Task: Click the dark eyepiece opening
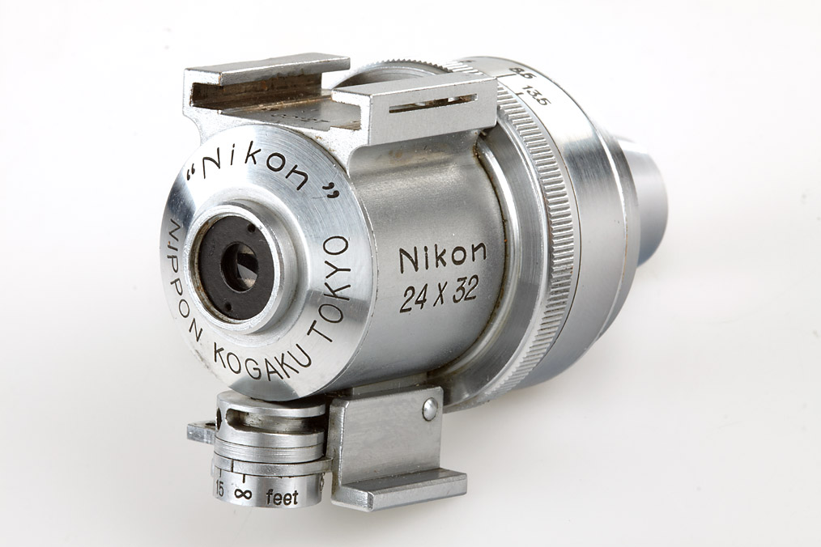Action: (x=236, y=265)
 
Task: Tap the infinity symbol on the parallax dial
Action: (x=241, y=493)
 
